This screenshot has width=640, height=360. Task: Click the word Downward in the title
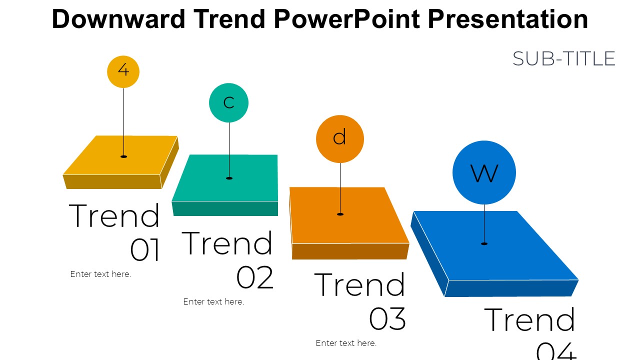pyautogui.click(x=118, y=19)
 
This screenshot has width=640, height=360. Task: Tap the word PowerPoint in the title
pyautogui.click(x=347, y=19)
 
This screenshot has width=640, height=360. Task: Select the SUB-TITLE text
pyautogui.click(x=563, y=59)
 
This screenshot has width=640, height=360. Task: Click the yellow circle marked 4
pyautogui.click(x=123, y=71)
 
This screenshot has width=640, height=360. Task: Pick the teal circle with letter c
pyautogui.click(x=228, y=103)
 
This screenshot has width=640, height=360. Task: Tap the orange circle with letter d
pyautogui.click(x=339, y=139)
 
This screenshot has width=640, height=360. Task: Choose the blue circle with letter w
pyautogui.click(x=484, y=172)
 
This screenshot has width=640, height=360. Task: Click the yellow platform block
pyautogui.click(x=120, y=162)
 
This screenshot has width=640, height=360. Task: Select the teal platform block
pyautogui.click(x=225, y=185)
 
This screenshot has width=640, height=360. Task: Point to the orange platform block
pyautogui.click(x=349, y=223)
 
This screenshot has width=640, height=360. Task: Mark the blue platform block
pyautogui.click(x=494, y=253)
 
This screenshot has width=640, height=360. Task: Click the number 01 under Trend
pyautogui.click(x=144, y=249)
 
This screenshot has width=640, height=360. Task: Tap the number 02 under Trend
pyautogui.click(x=255, y=277)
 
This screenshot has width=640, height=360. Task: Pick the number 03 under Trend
pyautogui.click(x=387, y=318)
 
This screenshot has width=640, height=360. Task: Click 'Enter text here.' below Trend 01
pyautogui.click(x=100, y=274)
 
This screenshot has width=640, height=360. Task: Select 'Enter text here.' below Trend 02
pyautogui.click(x=213, y=301)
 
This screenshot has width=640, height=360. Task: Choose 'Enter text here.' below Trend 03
pyautogui.click(x=346, y=343)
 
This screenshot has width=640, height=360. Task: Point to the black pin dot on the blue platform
pyautogui.click(x=484, y=243)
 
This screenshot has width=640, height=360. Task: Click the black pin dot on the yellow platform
pyautogui.click(x=123, y=156)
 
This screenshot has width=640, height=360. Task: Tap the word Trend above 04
pyautogui.click(x=529, y=319)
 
